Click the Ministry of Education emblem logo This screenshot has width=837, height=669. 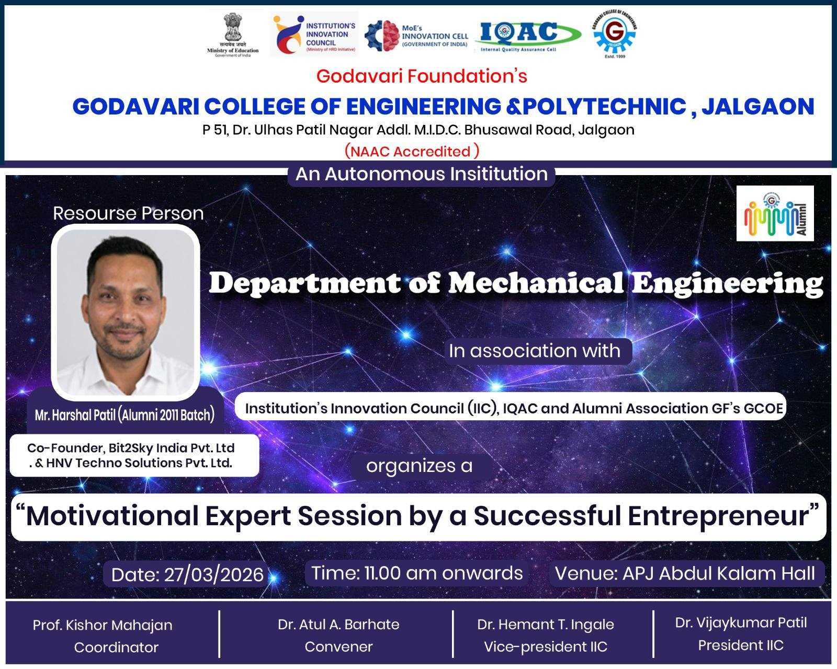(x=233, y=34)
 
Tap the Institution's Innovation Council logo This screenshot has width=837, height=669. (x=314, y=34)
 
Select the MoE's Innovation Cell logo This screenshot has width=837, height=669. (x=416, y=36)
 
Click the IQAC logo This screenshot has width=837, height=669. (x=527, y=36)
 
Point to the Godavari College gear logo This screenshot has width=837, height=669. (x=615, y=34)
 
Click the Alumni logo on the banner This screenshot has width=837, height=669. (x=775, y=213)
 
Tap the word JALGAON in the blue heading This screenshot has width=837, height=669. (x=757, y=107)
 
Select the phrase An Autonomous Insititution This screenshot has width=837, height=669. (x=422, y=174)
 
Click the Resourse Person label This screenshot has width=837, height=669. (x=128, y=213)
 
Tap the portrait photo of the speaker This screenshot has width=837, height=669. (x=126, y=312)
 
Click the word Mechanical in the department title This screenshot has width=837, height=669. (x=536, y=283)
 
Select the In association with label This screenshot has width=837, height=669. (x=535, y=351)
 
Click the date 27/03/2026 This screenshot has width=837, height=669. (x=214, y=574)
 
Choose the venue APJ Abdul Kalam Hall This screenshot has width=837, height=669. (x=719, y=573)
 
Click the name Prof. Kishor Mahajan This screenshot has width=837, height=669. (x=103, y=625)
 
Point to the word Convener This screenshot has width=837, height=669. (x=339, y=647)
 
